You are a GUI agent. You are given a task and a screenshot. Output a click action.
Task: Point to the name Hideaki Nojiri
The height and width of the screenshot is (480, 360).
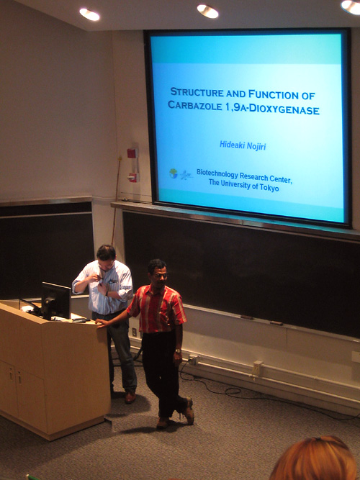point(243,145)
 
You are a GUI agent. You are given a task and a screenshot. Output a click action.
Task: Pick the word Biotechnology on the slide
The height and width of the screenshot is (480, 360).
point(217,173)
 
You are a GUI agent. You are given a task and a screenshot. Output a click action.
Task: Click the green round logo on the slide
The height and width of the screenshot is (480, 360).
point(174,173)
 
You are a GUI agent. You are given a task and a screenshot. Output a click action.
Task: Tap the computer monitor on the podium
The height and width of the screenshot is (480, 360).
point(56,300)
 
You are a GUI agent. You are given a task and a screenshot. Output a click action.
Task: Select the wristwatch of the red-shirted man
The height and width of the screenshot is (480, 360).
point(178,350)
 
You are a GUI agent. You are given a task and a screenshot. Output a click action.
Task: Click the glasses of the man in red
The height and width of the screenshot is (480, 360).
point(161,276)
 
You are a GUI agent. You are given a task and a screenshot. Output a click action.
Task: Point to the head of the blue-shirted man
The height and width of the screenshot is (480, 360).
point(107,257)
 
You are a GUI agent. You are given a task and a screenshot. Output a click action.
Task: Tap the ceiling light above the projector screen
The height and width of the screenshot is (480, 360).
point(208,12)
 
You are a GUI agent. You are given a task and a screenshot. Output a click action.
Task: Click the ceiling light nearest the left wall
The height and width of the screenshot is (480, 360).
point(89,14)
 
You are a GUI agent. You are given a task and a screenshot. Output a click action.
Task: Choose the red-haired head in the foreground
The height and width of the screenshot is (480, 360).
point(315,459)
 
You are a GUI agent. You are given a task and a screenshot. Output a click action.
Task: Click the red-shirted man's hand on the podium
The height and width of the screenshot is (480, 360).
point(102,322)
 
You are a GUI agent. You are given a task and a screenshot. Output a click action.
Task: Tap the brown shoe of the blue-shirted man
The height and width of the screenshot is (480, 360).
point(130,397)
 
